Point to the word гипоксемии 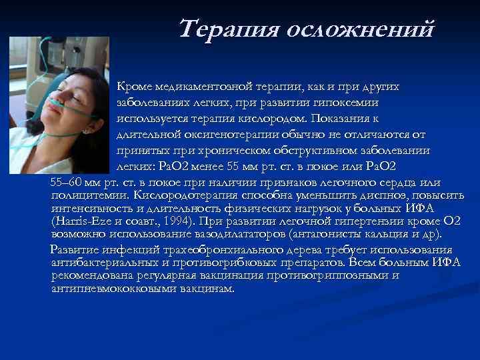click(x=345, y=103)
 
